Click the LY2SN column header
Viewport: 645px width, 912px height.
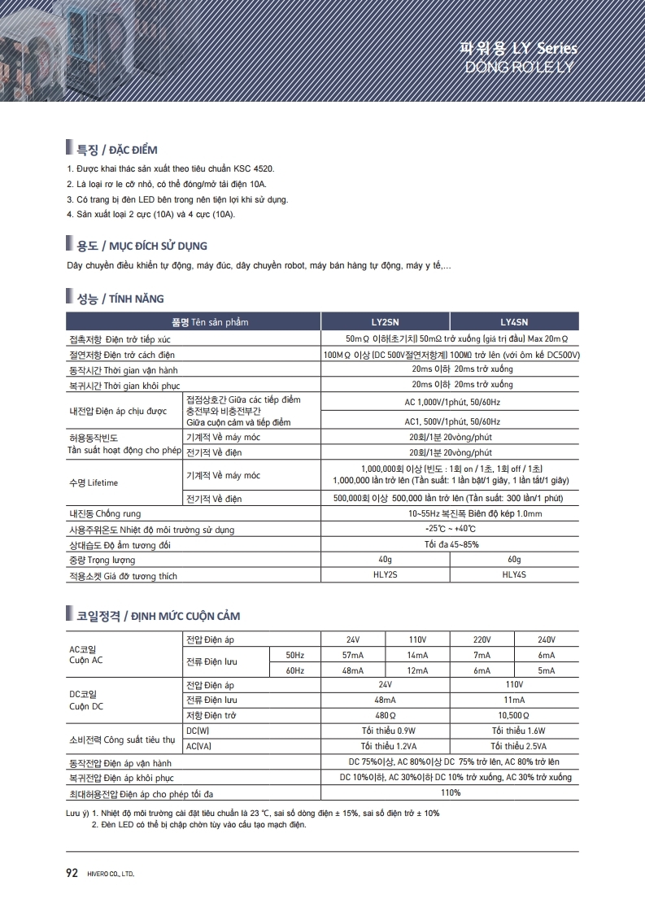coord(385,322)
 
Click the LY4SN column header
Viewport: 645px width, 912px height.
coord(514,322)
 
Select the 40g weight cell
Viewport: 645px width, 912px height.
coord(385,560)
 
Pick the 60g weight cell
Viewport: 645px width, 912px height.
coord(514,560)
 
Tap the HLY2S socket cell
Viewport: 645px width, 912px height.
coord(385,575)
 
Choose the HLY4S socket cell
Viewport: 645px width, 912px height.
coord(514,575)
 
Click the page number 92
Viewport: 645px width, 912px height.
coord(72,874)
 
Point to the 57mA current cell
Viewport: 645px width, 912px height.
coord(352,655)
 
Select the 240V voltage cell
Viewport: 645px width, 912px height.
coord(547,639)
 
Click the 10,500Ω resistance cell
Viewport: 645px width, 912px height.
coord(514,715)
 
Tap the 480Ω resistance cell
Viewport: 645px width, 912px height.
coord(385,715)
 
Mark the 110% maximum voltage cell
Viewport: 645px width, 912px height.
coord(450,792)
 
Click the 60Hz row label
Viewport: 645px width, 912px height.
coord(294,670)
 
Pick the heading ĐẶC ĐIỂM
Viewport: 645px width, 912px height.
coord(133,151)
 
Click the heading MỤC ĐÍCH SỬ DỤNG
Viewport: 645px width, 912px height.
coord(153,246)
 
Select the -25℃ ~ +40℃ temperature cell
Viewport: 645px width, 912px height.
coord(450,529)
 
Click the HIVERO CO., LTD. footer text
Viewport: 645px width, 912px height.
coord(109,875)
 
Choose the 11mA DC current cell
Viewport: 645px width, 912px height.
coord(514,700)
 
